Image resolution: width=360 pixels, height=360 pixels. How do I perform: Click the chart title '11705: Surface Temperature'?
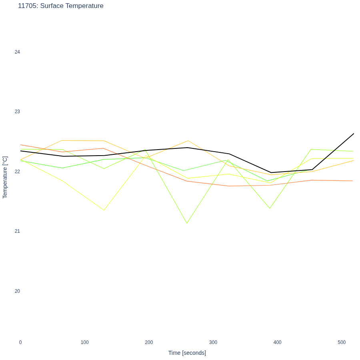tap(61, 6)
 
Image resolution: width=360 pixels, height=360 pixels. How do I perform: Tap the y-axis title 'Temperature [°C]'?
tap(5, 177)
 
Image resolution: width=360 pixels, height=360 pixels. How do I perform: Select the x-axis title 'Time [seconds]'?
tap(187, 353)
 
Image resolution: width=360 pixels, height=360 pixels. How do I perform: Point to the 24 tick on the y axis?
tap(17, 52)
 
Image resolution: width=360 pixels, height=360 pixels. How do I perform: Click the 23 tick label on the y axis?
tap(17, 112)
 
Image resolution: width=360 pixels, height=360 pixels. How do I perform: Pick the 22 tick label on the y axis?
tap(17, 172)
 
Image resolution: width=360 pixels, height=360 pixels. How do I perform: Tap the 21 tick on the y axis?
tap(17, 231)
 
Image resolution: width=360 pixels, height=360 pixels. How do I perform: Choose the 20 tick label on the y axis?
tap(17, 291)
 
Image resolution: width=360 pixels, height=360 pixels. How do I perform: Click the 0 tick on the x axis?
tap(20, 342)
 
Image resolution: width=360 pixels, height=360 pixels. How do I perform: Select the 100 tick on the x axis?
tap(85, 342)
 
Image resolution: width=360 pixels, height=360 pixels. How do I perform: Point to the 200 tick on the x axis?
tap(149, 342)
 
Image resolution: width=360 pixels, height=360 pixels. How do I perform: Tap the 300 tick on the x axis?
tap(213, 342)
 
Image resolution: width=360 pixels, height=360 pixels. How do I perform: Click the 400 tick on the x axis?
tap(278, 342)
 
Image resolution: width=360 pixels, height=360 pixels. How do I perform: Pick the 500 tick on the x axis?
tap(342, 342)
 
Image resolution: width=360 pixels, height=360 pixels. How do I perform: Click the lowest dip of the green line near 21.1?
tap(187, 223)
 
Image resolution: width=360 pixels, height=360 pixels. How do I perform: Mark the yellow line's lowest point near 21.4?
tap(104, 210)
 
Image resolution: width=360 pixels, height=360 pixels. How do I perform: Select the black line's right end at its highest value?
tap(354, 133)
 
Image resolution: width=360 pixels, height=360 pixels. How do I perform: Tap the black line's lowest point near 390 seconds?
tap(271, 173)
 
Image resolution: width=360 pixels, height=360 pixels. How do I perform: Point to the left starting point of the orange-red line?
tap(21, 145)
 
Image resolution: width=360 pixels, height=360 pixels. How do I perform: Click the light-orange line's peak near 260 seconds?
tap(188, 140)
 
